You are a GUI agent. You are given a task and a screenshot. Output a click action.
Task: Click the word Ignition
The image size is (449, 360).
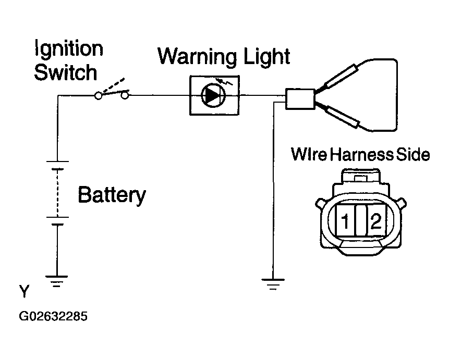click(69, 48)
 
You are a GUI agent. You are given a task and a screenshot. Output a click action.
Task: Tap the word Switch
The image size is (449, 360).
click(66, 72)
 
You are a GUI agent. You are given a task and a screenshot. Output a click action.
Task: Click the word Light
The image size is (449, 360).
click(266, 56)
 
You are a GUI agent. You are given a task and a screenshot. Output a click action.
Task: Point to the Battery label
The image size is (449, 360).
click(112, 195)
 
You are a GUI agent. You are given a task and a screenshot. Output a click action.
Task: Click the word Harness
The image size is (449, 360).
click(362, 155)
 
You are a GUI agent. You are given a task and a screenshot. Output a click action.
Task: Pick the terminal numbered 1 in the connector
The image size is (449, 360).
click(346, 220)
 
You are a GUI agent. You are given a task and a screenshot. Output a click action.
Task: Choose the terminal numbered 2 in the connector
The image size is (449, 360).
click(377, 220)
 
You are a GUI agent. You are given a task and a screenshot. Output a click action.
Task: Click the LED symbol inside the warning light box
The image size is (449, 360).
click(213, 95)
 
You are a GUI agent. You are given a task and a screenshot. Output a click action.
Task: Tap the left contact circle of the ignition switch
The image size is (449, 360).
click(98, 96)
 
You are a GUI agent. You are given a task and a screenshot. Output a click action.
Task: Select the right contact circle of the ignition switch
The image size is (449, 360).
click(125, 95)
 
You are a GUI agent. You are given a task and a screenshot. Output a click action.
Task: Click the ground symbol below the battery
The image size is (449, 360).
click(57, 281)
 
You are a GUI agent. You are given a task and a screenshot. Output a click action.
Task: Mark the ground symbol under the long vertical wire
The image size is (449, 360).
click(273, 284)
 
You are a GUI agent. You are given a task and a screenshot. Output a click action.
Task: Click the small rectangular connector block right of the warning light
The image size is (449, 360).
click(300, 99)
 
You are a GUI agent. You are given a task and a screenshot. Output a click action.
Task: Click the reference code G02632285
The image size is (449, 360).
click(53, 316)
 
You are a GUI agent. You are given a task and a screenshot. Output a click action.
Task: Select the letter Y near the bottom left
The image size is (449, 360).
click(25, 291)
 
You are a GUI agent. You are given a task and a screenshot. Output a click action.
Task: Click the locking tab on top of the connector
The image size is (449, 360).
click(360, 178)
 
